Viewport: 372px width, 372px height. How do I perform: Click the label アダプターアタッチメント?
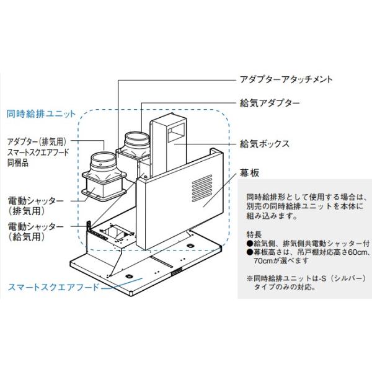(286, 80)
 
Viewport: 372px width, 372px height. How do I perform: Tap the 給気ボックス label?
(265, 143)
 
